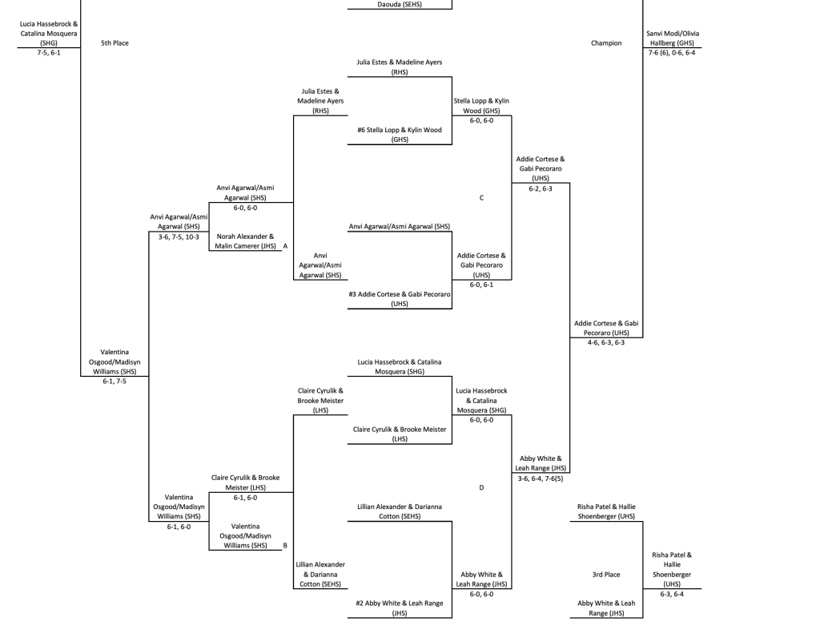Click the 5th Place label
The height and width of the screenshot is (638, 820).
coord(115,43)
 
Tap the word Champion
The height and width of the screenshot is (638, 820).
coord(605,43)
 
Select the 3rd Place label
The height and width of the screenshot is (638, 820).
coord(605,574)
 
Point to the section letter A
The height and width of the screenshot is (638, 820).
coord(285,247)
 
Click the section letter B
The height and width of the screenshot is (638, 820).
coord(285,545)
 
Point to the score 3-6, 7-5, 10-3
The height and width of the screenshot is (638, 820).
coord(178,236)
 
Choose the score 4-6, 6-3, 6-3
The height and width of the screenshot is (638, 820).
coord(605,342)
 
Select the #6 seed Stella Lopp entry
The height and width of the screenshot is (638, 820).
coord(400,134)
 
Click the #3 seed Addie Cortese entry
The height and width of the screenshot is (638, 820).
coord(400,299)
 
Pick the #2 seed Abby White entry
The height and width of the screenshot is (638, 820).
coord(400,608)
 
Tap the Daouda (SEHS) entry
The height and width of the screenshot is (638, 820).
coord(400,3)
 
